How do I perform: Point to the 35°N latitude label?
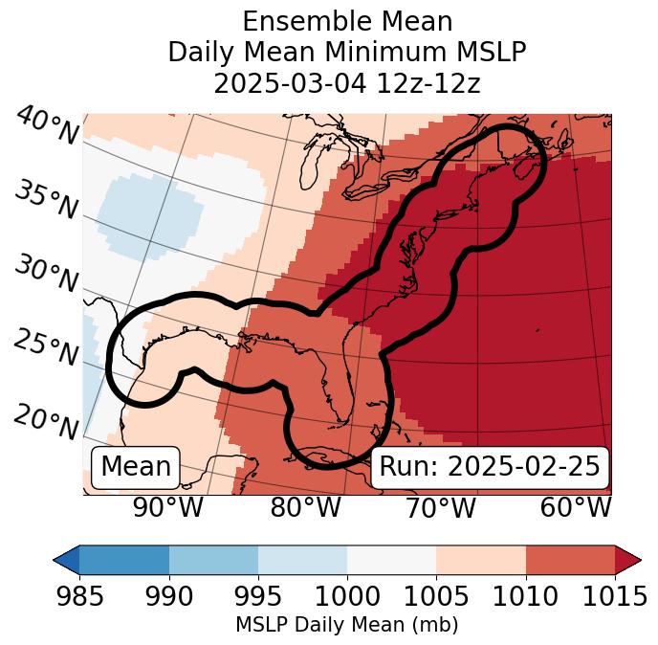(45, 199)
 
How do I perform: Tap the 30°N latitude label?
(45, 273)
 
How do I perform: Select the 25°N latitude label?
(45, 347)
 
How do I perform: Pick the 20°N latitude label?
(46, 421)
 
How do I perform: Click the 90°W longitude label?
(167, 508)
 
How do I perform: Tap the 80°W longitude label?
(305, 508)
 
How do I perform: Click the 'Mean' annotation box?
(136, 467)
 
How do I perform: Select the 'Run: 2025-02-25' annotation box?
(490, 467)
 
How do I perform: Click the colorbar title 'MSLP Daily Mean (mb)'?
(346, 625)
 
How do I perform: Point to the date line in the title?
(346, 83)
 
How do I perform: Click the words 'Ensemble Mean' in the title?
(346, 21)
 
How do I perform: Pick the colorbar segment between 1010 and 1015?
(570, 559)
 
